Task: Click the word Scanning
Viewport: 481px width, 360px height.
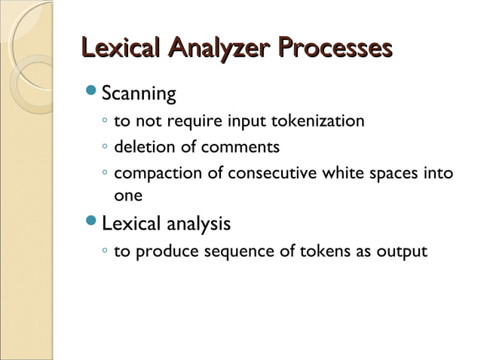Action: pyautogui.click(x=139, y=95)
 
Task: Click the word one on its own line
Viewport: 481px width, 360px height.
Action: pyautogui.click(x=127, y=194)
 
